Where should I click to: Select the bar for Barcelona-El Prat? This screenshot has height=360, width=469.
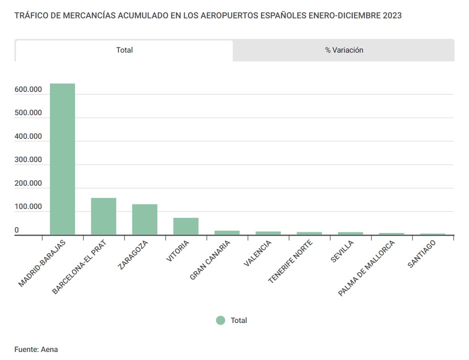[103, 216]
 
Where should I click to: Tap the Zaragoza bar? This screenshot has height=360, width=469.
[144, 219]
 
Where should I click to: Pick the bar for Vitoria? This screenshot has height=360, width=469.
[186, 226]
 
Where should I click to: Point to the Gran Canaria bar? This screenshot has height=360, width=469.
[227, 232]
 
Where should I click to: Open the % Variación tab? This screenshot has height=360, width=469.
[344, 50]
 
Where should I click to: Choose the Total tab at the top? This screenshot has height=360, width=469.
[124, 50]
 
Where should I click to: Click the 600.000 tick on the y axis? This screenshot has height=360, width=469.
[28, 89]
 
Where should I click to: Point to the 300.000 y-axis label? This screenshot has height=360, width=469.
[28, 160]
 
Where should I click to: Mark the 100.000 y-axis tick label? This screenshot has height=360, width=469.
[28, 207]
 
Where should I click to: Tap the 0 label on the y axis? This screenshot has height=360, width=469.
[16, 230]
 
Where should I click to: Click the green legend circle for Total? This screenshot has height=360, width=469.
[220, 320]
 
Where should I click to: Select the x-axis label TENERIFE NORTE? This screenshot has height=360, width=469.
[290, 261]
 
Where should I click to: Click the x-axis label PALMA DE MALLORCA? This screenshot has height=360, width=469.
[366, 268]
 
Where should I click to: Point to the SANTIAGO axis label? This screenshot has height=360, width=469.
[422, 253]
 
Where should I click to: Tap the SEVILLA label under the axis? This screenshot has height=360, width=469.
[342, 251]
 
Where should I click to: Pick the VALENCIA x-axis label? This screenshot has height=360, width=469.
[258, 253]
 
